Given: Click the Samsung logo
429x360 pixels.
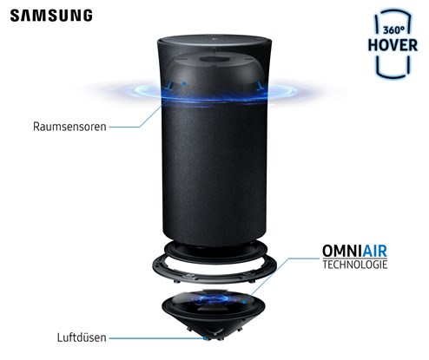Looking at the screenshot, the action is pos(51,16).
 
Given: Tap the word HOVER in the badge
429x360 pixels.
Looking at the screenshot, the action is pos(393,45).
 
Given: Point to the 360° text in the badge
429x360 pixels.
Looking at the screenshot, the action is pos(394,29).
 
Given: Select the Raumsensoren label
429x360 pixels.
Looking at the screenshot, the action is pos(69,127).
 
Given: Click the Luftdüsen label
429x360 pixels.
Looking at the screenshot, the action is pos(82,337).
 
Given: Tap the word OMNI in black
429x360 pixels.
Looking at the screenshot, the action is pos(342,251).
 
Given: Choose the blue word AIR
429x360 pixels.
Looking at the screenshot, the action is pos(374,251).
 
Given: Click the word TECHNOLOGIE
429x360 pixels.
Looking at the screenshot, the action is pos(355,265).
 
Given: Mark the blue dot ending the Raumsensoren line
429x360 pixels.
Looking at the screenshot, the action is pos(184,83).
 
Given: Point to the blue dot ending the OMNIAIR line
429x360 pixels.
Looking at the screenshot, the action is pos(244,303).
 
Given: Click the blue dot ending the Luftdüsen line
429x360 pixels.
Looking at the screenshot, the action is pos(205,337).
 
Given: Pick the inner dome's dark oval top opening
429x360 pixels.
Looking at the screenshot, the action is pos(214,59).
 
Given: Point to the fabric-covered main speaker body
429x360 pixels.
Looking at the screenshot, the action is pos(214,171).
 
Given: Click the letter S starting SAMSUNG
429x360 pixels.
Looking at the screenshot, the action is pos(16,16).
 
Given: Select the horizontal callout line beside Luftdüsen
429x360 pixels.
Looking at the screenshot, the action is pos(156,337).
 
